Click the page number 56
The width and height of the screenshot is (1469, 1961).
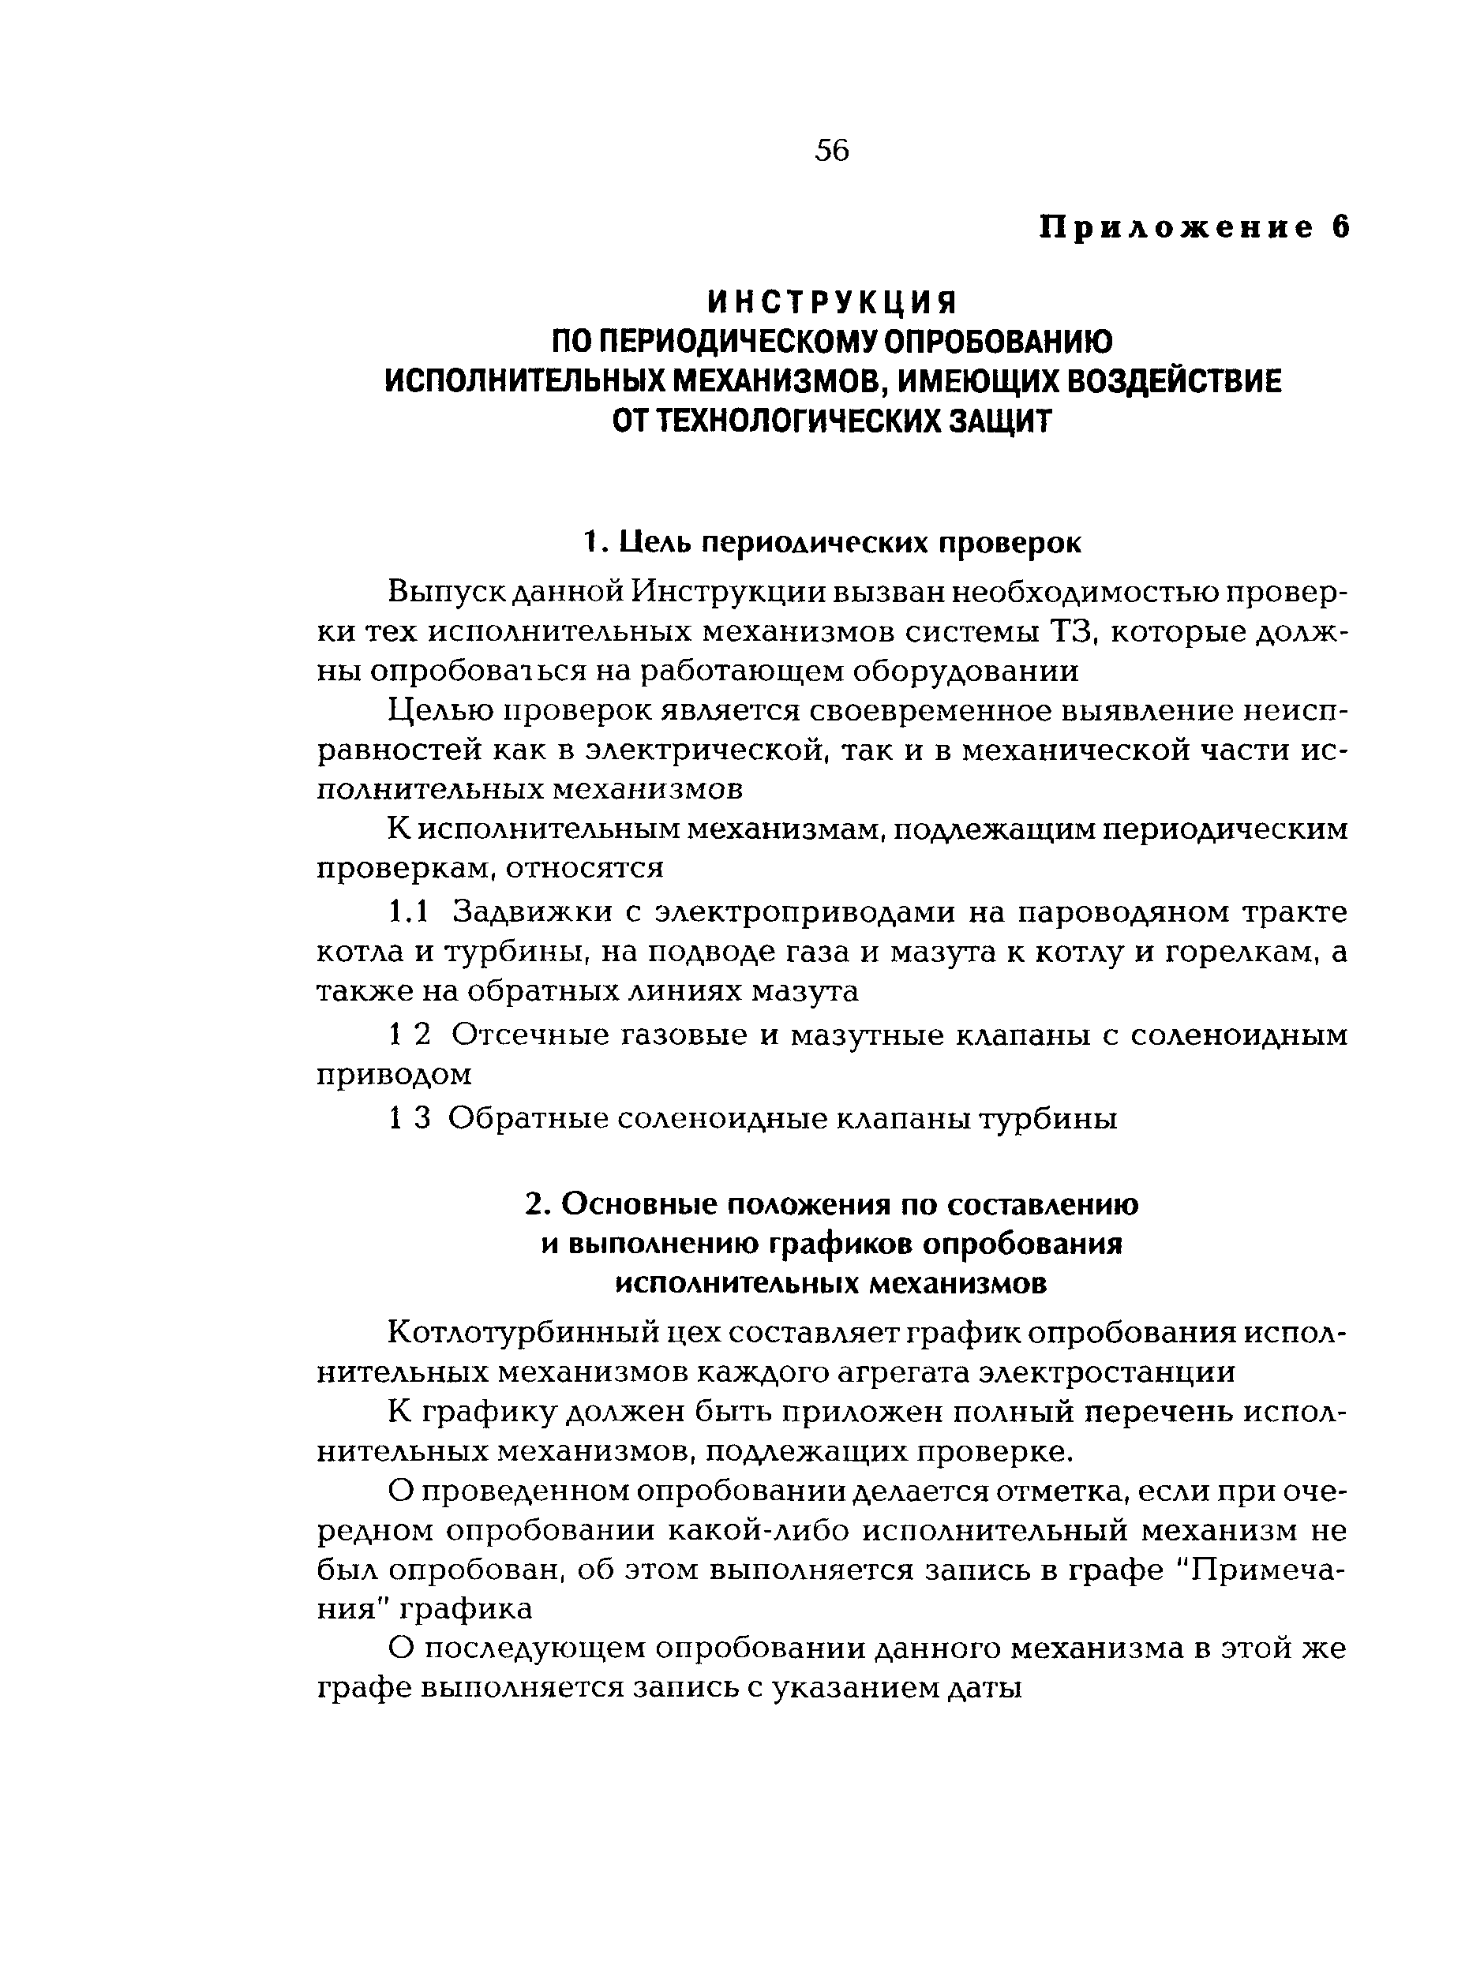coord(830,151)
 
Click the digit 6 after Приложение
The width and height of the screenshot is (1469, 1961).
coord(1340,228)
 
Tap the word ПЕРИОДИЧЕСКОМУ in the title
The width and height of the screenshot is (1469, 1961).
coord(739,342)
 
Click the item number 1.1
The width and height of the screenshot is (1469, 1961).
coord(409,911)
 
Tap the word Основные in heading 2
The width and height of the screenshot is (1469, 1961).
coord(639,1205)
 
